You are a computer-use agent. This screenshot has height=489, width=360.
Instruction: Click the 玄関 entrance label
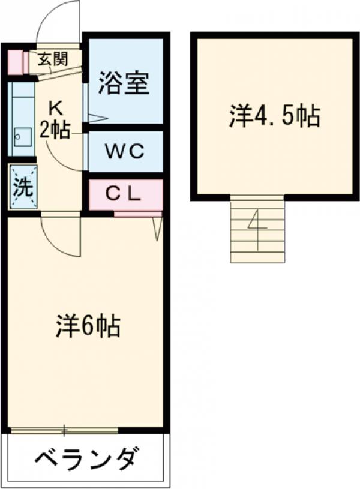click(52, 59)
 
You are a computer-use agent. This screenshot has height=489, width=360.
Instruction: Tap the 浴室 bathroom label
click(124, 83)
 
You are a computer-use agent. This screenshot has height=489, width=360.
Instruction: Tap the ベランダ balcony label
click(88, 461)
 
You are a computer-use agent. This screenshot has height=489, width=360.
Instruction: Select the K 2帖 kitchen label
click(55, 120)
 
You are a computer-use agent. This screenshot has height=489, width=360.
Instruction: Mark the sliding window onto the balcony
click(65, 430)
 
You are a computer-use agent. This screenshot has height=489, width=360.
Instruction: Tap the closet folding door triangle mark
click(157, 228)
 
